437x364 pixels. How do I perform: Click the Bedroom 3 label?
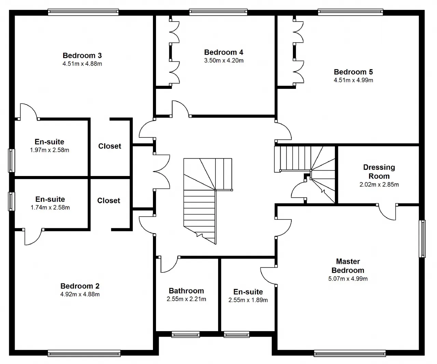click(x=82, y=55)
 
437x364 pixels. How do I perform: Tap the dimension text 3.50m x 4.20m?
click(x=224, y=60)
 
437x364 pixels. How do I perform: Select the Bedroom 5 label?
click(x=353, y=72)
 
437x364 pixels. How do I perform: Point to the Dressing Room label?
click(x=379, y=172)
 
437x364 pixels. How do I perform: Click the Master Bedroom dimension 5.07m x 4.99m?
click(x=348, y=279)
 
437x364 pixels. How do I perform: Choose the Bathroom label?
click(x=186, y=291)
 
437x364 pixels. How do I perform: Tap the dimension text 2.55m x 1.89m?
click(x=248, y=300)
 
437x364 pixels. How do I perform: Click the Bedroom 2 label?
click(x=80, y=286)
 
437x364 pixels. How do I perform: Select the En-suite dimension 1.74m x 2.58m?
click(x=50, y=207)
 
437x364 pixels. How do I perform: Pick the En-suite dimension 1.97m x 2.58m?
click(x=50, y=150)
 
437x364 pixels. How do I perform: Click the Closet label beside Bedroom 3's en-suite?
click(x=110, y=146)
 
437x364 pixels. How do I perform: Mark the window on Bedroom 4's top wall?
click(x=218, y=12)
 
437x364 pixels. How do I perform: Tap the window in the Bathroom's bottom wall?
click(x=186, y=335)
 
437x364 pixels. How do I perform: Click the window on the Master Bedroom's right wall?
click(x=422, y=239)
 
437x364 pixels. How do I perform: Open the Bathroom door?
click(x=169, y=264)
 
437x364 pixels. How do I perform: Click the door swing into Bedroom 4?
click(x=181, y=109)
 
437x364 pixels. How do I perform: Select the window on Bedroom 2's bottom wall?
click(x=84, y=353)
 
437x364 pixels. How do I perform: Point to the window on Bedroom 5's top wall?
click(x=350, y=12)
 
